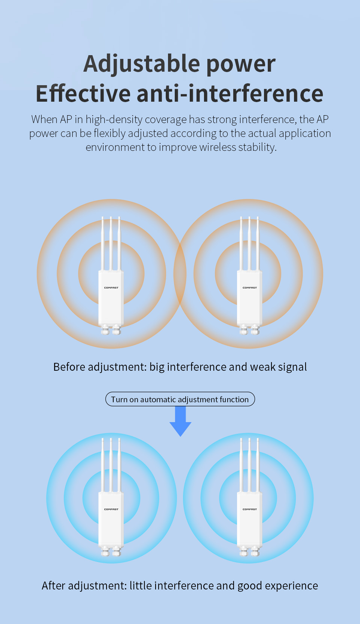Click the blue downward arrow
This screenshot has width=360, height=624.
[180, 421]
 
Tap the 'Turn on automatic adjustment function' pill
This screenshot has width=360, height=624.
[180, 399]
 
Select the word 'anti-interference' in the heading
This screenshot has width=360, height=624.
[230, 93]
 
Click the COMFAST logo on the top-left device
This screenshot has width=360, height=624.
[111, 288]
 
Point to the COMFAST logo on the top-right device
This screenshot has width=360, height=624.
[250, 288]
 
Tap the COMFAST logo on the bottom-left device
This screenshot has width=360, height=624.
[111, 509]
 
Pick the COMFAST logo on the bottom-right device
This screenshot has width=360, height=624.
[250, 509]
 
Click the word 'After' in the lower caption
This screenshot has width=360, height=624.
[53, 586]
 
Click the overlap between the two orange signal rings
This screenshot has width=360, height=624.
[180, 274]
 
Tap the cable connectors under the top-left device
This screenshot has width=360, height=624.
[111, 329]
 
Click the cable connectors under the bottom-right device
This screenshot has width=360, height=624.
[249, 551]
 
